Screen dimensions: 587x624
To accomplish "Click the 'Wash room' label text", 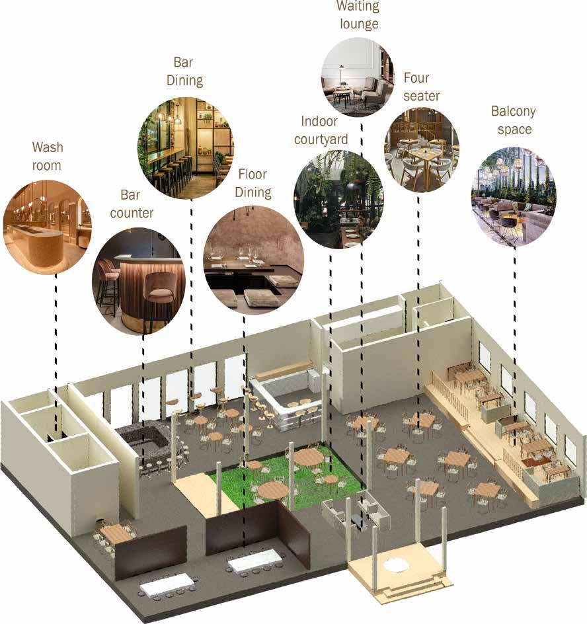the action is click(48, 155).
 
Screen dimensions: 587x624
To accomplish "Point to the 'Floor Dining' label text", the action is click(253, 183).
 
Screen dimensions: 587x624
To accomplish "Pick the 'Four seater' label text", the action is click(421, 87).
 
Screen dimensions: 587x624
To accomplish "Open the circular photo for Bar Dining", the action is click(185, 148).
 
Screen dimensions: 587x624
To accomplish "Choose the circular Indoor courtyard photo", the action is click(338, 200).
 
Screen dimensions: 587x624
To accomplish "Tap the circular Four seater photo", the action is click(421, 149).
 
